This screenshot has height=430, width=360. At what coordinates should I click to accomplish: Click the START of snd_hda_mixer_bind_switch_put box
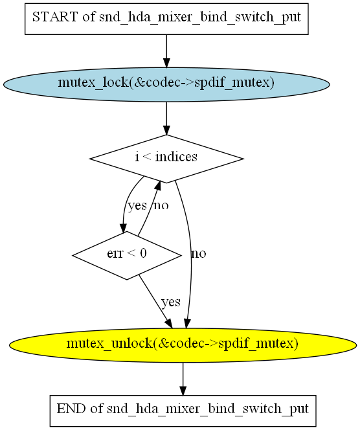(166, 19)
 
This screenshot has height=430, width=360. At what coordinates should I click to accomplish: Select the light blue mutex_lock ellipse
(166, 84)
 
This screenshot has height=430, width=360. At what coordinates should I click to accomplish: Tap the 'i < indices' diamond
(166, 159)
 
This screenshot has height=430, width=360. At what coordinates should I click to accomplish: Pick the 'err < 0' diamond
(127, 256)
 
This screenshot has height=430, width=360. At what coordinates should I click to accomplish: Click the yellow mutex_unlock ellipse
(183, 345)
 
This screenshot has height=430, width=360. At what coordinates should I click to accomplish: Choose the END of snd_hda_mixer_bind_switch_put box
(183, 411)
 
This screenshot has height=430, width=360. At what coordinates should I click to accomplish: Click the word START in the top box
(55, 17)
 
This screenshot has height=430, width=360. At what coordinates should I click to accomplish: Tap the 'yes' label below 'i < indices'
(137, 206)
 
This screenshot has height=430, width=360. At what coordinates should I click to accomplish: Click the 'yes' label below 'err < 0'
(171, 302)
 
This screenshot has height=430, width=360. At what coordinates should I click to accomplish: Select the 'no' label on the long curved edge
(199, 254)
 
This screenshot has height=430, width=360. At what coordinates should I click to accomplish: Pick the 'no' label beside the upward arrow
(161, 205)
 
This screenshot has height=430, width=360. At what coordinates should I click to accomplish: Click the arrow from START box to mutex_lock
(166, 51)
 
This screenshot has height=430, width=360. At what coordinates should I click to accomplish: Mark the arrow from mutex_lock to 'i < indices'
(166, 119)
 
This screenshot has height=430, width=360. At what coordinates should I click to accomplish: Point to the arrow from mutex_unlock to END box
(183, 379)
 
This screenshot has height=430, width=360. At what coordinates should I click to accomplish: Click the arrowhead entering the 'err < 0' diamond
(124, 228)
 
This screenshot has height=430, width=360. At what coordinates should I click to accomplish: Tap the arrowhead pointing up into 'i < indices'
(157, 185)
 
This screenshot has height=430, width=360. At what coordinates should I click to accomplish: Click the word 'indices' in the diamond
(176, 157)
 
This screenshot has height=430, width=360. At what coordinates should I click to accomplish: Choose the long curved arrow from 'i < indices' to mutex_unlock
(191, 254)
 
